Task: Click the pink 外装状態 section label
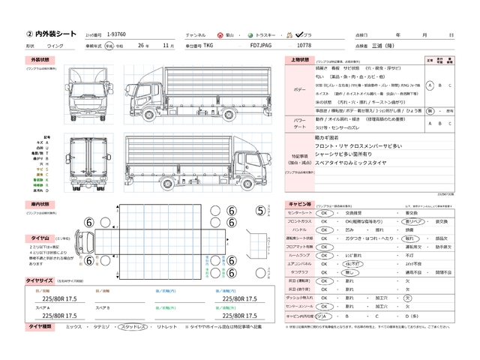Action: coord(40,59)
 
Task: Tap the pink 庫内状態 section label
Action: coord(40,203)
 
